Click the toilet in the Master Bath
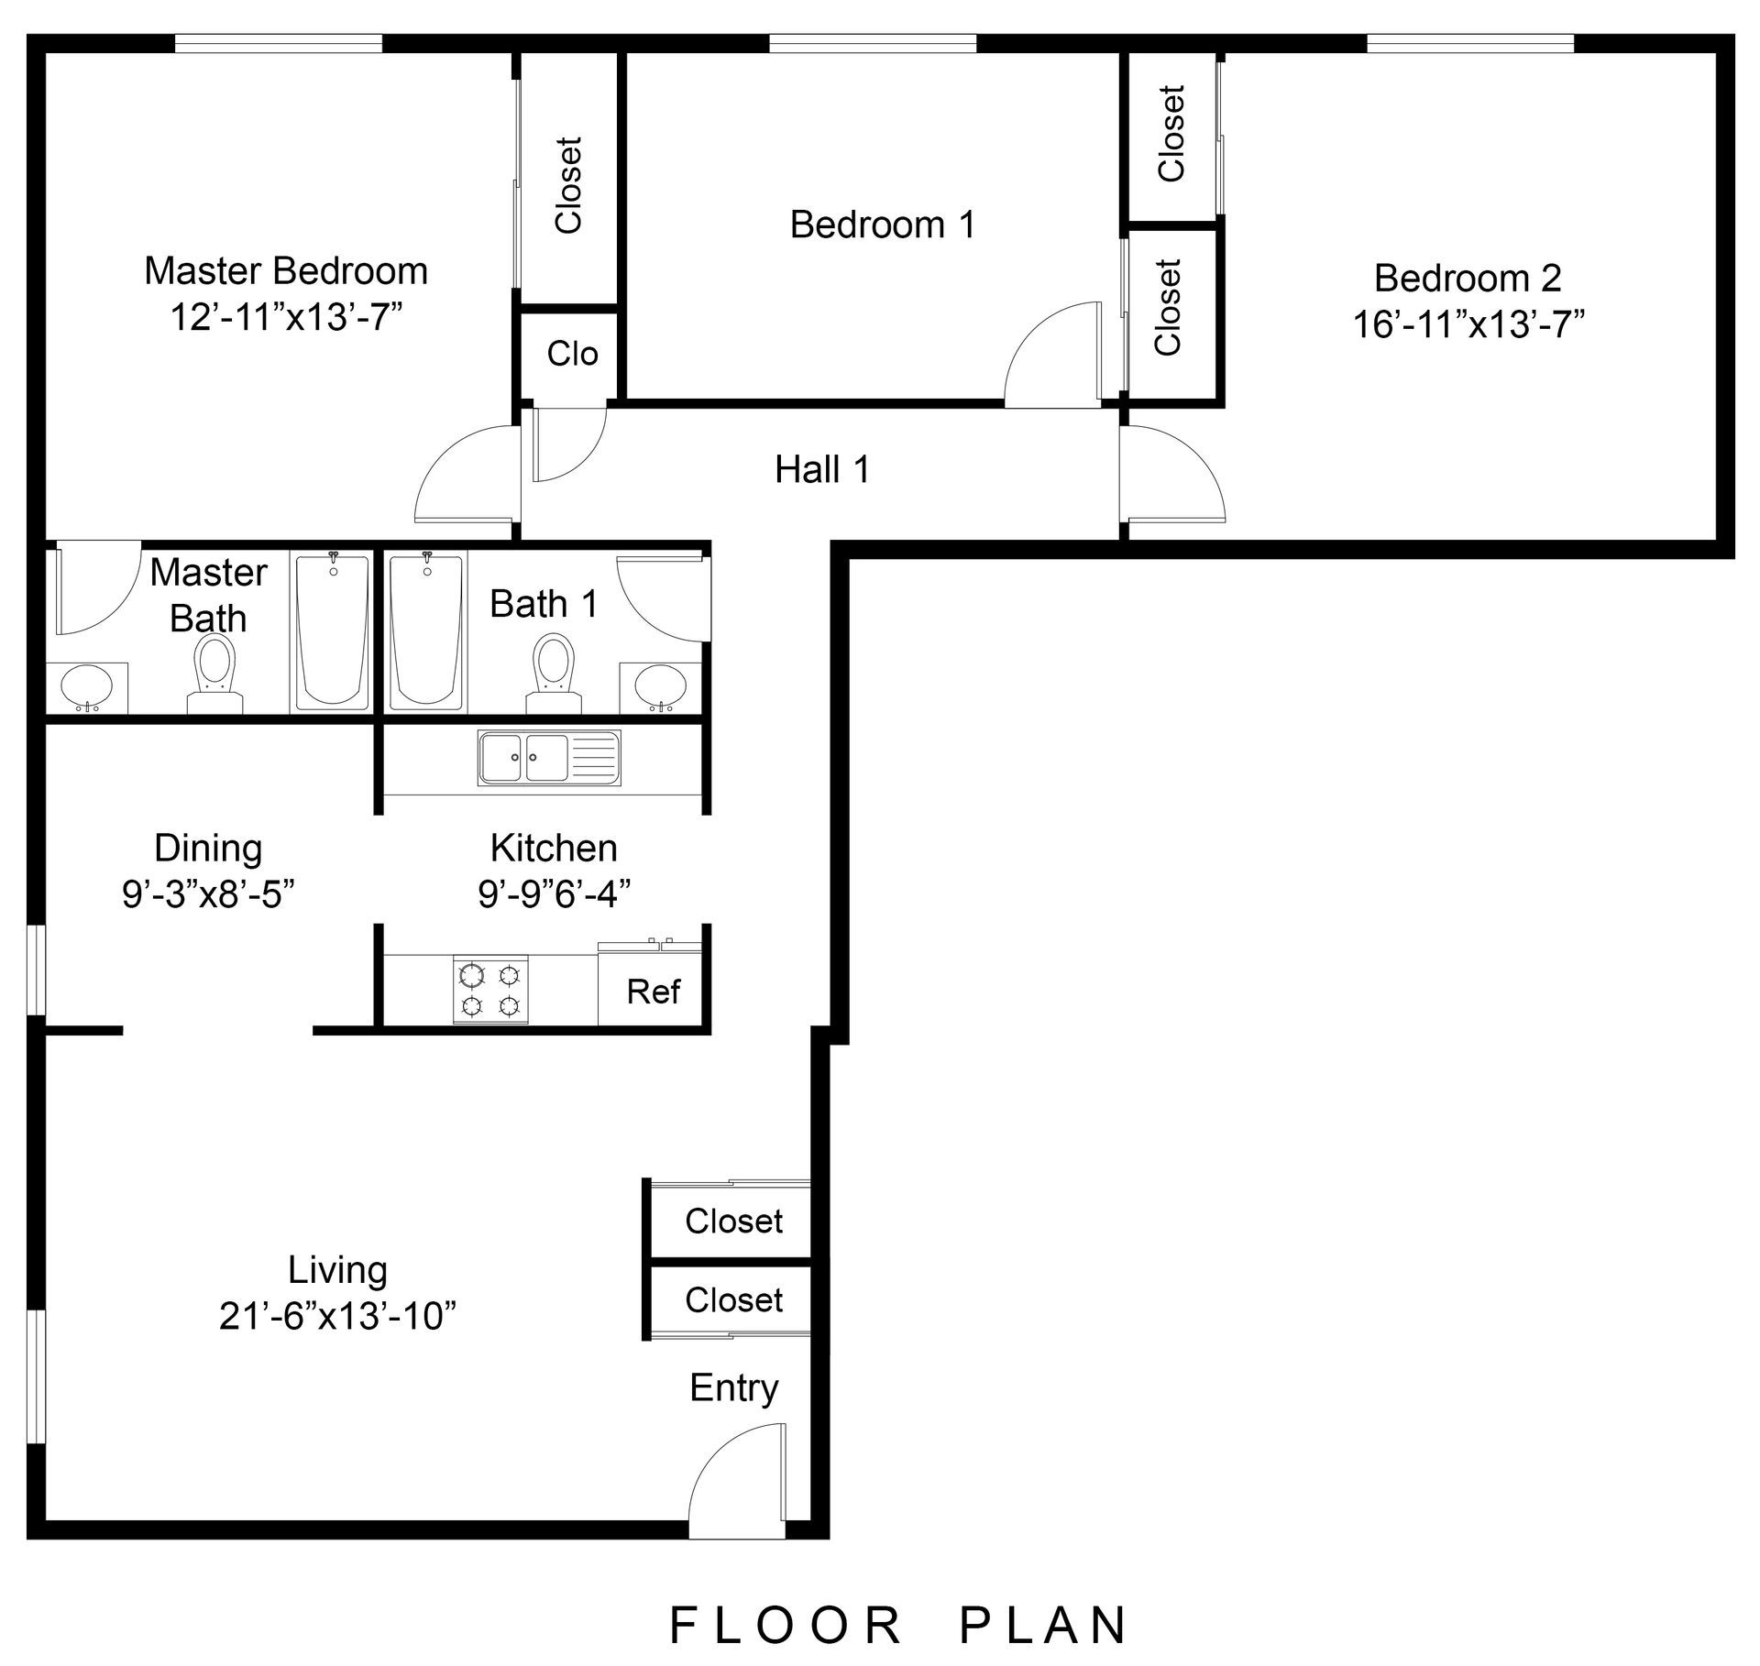click(x=215, y=675)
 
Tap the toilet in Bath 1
click(x=555, y=674)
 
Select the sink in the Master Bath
click(x=87, y=687)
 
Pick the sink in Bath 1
click(x=660, y=686)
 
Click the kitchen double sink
click(x=549, y=758)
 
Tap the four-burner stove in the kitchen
click(x=490, y=990)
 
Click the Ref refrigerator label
click(x=654, y=992)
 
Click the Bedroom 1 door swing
click(x=1052, y=354)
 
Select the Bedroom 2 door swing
click(x=1172, y=474)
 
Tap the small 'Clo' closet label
click(x=573, y=354)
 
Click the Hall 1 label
click(x=822, y=470)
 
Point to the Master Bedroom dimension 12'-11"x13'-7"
click(x=287, y=319)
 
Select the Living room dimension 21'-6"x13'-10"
click(x=337, y=1317)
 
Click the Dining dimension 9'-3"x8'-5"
click(x=208, y=894)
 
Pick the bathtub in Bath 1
click(x=426, y=631)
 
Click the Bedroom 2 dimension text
click(x=1468, y=324)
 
